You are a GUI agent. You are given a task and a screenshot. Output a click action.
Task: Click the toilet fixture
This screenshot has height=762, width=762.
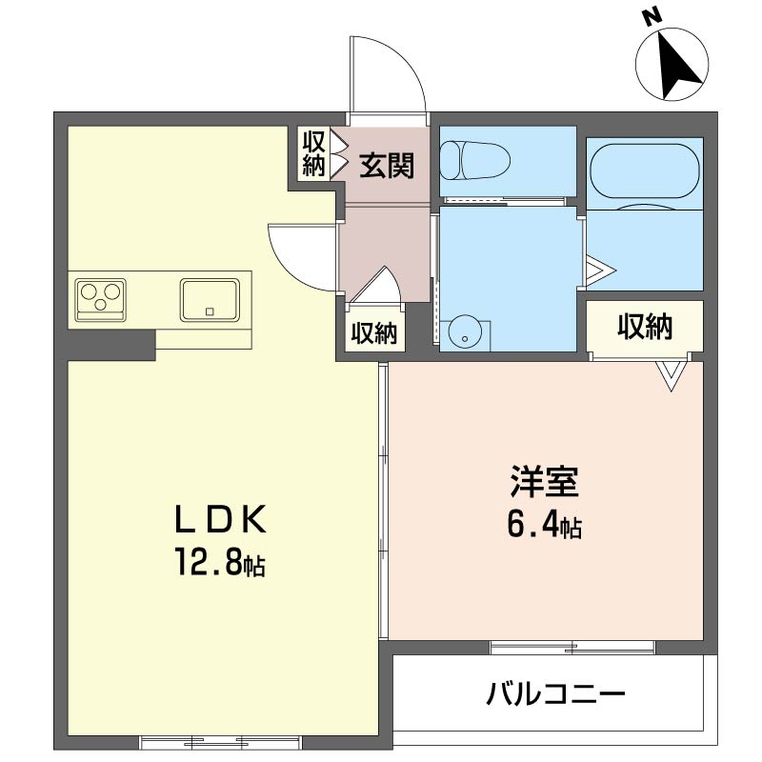tap(474, 160)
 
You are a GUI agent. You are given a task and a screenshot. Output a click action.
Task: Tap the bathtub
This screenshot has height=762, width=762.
tap(645, 171)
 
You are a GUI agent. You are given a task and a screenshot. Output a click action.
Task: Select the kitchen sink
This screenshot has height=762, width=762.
tap(210, 300)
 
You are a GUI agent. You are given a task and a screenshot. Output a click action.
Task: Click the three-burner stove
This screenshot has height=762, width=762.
tap(101, 300)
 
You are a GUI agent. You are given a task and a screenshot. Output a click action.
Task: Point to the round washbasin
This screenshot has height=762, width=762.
tap(466, 334)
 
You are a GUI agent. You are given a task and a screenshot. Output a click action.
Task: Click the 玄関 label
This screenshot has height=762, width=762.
tap(387, 165)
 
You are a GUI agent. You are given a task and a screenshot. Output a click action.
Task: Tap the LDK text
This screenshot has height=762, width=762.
tap(221, 519)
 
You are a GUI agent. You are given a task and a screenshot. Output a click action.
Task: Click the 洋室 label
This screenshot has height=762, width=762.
tap(544, 481)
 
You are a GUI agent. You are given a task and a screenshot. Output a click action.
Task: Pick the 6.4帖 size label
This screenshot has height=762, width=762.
tap(544, 525)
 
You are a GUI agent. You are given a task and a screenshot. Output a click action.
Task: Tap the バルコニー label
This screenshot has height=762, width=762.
tap(555, 694)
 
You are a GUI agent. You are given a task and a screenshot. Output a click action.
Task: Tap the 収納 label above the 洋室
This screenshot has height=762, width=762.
tap(645, 327)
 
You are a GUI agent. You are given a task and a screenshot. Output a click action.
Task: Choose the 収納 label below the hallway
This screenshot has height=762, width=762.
tap(374, 333)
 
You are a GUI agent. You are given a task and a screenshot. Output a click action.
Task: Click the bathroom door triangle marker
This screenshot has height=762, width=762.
tap(600, 271)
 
